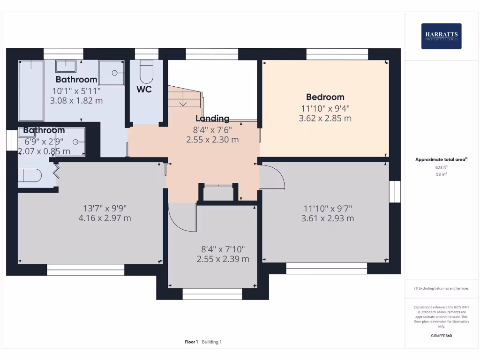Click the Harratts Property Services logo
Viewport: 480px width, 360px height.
click(x=441, y=36)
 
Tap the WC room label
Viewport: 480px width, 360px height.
click(x=144, y=89)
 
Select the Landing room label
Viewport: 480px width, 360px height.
click(x=212, y=119)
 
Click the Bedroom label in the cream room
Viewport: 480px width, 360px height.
click(x=325, y=97)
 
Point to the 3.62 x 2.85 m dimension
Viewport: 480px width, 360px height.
click(x=325, y=119)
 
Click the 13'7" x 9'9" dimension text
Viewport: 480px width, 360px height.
click(x=105, y=208)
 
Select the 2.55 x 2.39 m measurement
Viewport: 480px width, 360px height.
click(x=223, y=259)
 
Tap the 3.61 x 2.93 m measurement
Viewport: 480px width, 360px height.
click(x=327, y=218)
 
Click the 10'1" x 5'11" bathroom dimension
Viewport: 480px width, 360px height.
click(x=76, y=90)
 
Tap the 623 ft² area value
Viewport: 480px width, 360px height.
click(x=441, y=167)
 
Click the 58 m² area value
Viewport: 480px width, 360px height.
click(x=441, y=174)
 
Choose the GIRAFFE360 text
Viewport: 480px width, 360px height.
click(x=441, y=336)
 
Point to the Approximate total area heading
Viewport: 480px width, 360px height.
click(x=441, y=159)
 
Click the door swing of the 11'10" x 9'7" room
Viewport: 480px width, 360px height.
click(x=273, y=178)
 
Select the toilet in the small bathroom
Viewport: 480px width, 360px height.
click(x=29, y=175)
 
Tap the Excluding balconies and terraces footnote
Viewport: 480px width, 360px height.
click(x=441, y=288)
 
